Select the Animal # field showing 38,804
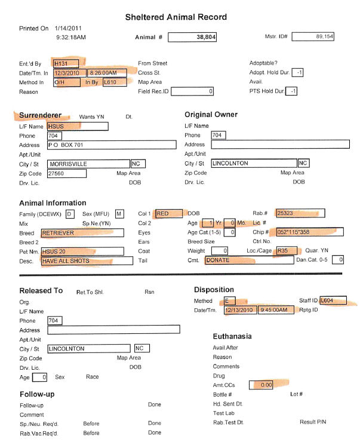pyautogui.click(x=192, y=37)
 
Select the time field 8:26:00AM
pyautogui.click(x=107, y=72)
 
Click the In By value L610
pyautogui.click(x=113, y=82)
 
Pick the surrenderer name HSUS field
pyautogui.click(x=77, y=126)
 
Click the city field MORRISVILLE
pyautogui.click(x=88, y=163)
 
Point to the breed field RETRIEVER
pyautogui.click(x=82, y=232)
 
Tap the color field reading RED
pyautogui.click(x=170, y=213)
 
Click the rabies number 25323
pyautogui.click(x=300, y=213)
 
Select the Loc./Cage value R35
pyautogui.click(x=285, y=251)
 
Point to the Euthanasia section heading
pyautogui.click(x=232, y=336)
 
